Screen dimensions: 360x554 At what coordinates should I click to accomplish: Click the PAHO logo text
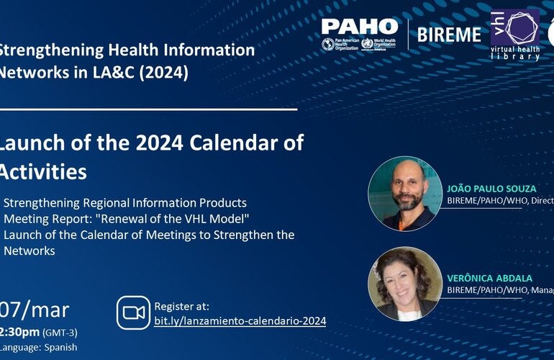[x=359, y=27]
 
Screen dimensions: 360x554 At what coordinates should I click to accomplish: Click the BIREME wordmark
[x=450, y=34]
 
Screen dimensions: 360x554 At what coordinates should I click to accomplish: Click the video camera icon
[x=133, y=312]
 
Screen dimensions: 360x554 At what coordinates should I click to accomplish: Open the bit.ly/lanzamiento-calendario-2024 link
[x=240, y=320]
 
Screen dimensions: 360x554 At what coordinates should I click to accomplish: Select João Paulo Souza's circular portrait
[x=404, y=193]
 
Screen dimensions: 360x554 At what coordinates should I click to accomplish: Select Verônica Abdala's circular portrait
[x=404, y=283]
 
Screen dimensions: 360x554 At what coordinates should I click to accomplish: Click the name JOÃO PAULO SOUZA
[x=491, y=189]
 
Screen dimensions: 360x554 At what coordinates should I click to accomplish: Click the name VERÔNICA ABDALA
[x=488, y=277]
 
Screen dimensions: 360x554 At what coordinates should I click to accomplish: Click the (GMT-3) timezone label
[x=63, y=333]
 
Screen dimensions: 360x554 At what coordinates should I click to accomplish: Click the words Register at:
[x=181, y=306]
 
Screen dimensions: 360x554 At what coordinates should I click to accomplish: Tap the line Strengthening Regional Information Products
[x=125, y=202]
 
